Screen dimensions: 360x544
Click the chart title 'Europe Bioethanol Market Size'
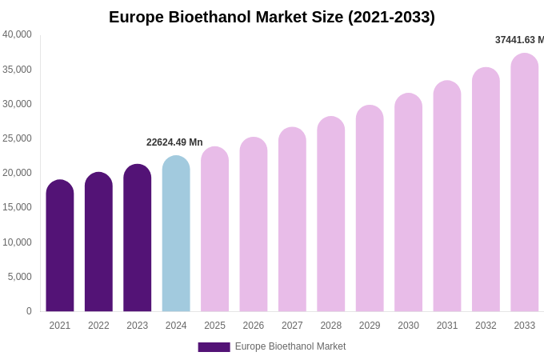272,17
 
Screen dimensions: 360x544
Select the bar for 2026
254,225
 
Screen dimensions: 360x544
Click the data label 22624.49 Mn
174,142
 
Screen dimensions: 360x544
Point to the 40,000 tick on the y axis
18,34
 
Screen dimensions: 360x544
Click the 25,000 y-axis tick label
18,138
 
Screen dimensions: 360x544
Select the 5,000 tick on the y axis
20,277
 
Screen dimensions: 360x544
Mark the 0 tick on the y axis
29,311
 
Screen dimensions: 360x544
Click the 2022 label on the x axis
98,326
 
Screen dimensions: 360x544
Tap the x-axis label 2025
214,326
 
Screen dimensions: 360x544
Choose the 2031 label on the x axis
447,326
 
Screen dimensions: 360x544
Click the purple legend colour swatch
214,347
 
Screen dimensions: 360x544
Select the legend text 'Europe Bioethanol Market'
290,346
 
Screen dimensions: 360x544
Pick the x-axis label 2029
370,326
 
